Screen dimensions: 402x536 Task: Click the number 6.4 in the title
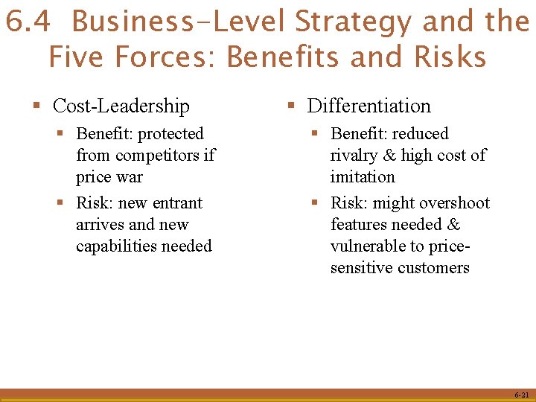click(x=28, y=22)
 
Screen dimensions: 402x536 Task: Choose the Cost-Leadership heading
click(x=121, y=106)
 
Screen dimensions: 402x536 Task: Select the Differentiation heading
click(x=369, y=106)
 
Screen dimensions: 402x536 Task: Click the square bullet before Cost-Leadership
click(x=36, y=106)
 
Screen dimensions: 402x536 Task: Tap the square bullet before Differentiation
click(x=291, y=106)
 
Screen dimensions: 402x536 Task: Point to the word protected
click(x=170, y=134)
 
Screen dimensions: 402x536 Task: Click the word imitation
click(x=363, y=177)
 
